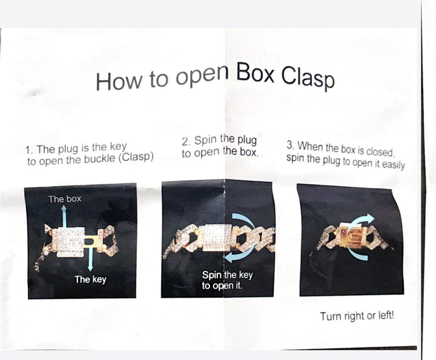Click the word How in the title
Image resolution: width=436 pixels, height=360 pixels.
(118, 81)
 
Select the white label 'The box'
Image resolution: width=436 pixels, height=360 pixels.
(65, 199)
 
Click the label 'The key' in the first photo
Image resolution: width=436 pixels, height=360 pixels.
(90, 279)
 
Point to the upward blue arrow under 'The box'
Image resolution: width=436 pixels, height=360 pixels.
(64, 217)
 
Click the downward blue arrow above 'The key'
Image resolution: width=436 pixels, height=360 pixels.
(90, 258)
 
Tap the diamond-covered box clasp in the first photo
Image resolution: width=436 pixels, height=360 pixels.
(68, 241)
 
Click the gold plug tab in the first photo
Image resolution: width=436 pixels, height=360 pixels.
(90, 241)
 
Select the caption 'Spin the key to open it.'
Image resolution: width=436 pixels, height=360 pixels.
(227, 280)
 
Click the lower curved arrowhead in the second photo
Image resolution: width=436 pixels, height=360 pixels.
(230, 258)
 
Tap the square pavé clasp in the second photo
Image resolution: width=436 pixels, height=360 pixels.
(217, 238)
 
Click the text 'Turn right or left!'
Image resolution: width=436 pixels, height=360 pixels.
(357, 316)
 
